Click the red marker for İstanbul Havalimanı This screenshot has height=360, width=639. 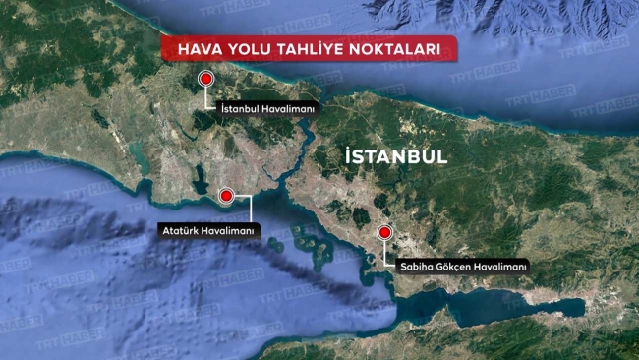pos(206,80)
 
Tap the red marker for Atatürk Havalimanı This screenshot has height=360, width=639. pos(228,197)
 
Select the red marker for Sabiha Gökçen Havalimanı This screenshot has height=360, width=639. pos(385,233)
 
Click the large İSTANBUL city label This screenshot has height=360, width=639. pos(397,156)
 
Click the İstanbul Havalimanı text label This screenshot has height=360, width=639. pos(267,109)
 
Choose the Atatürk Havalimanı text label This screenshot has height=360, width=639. pos(206,230)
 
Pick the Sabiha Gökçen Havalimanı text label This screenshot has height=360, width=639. pos(464,266)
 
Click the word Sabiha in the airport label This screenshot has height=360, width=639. pos(416,266)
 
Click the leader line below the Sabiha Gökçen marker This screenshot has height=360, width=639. pos(385,251)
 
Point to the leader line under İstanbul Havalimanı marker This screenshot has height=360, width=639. pos(206,96)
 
